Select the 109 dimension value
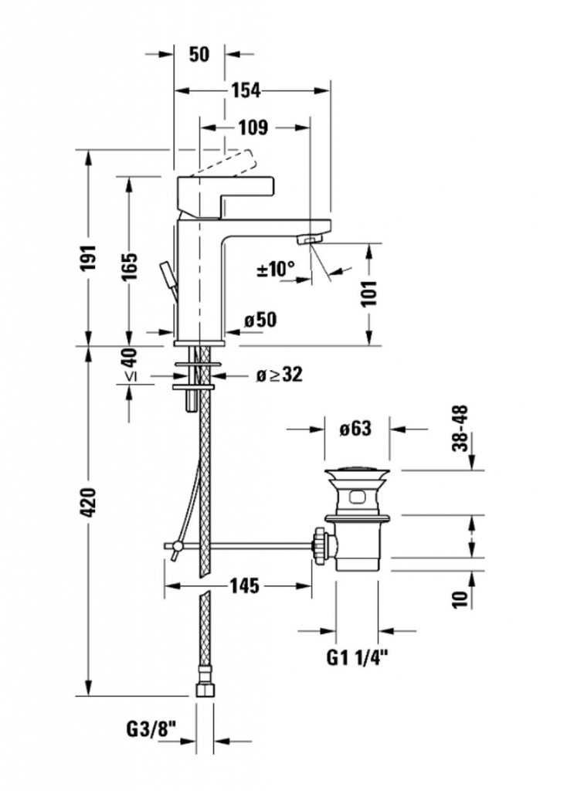tap(253, 127)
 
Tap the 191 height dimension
tap(89, 258)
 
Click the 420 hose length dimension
tap(89, 501)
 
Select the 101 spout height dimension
tap(369, 293)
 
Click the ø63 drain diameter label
tap(355, 429)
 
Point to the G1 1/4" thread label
tap(358, 657)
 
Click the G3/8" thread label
tap(151, 728)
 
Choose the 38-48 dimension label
tap(460, 428)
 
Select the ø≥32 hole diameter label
tap(279, 375)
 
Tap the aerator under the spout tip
tap(311, 239)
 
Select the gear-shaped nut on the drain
tap(319, 545)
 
